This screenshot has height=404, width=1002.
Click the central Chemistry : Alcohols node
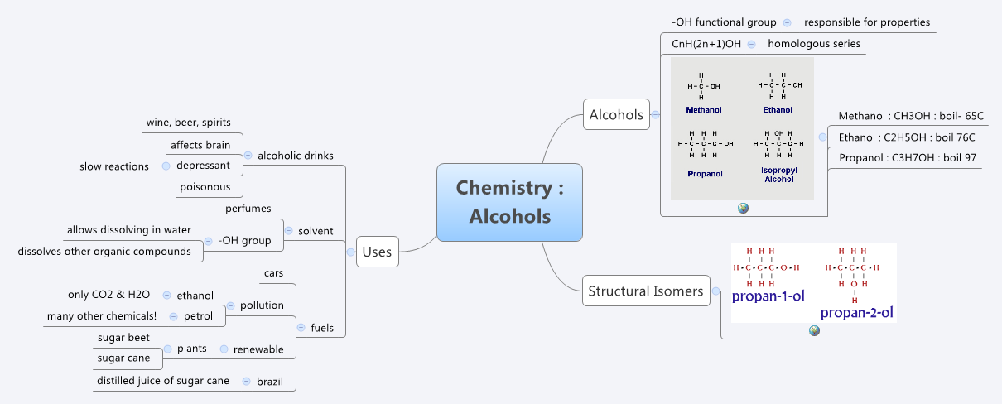point(509,202)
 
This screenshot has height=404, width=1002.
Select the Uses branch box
point(377,252)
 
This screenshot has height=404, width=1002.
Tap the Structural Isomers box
point(645,291)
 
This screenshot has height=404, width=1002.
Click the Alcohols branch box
point(615,115)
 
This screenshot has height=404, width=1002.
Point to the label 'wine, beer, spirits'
point(188,123)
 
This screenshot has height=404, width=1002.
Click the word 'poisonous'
point(205,187)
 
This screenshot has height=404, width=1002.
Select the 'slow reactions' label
point(114,166)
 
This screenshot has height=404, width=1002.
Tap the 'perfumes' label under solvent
point(248,209)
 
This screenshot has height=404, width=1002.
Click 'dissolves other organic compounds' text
point(104,252)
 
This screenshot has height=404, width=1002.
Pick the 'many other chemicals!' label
point(102,316)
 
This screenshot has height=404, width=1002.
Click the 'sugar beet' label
point(123,338)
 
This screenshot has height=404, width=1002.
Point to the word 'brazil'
point(270,381)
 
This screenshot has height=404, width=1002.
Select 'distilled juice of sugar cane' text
point(163,381)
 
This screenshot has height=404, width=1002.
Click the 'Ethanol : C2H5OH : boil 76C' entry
point(907,137)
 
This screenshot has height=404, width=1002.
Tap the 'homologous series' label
point(813,44)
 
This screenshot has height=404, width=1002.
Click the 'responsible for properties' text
point(867,22)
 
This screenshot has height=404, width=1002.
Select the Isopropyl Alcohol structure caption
point(778,174)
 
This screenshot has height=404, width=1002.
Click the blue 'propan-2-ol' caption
point(858,313)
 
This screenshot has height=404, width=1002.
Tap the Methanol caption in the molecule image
point(704,109)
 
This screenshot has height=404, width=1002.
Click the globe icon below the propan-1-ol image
point(814,330)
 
